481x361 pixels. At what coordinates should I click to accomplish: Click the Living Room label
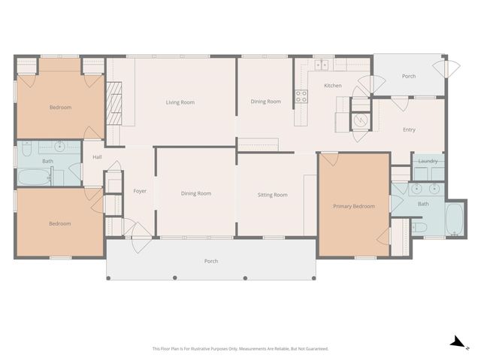point(180,102)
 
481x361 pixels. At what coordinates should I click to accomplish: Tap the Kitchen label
point(332,86)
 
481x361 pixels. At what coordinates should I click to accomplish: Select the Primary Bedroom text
point(354,206)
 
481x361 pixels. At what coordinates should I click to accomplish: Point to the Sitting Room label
point(272,195)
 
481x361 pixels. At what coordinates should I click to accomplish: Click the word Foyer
point(140,191)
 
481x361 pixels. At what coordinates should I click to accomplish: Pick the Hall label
point(97,157)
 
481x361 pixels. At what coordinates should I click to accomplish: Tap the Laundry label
point(428,161)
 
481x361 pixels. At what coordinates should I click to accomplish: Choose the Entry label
point(409,130)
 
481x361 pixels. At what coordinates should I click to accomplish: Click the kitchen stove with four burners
point(301,96)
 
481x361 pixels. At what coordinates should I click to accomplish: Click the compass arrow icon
point(456,342)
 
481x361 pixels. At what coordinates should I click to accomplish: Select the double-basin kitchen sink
point(322,65)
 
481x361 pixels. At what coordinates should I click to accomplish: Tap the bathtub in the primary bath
point(455,220)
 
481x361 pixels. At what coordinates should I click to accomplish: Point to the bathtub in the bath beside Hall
point(33,177)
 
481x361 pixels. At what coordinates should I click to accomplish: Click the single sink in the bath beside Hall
point(59,145)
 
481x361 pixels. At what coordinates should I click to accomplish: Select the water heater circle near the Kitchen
point(361,120)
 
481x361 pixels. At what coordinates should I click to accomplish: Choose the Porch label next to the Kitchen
point(409,76)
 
